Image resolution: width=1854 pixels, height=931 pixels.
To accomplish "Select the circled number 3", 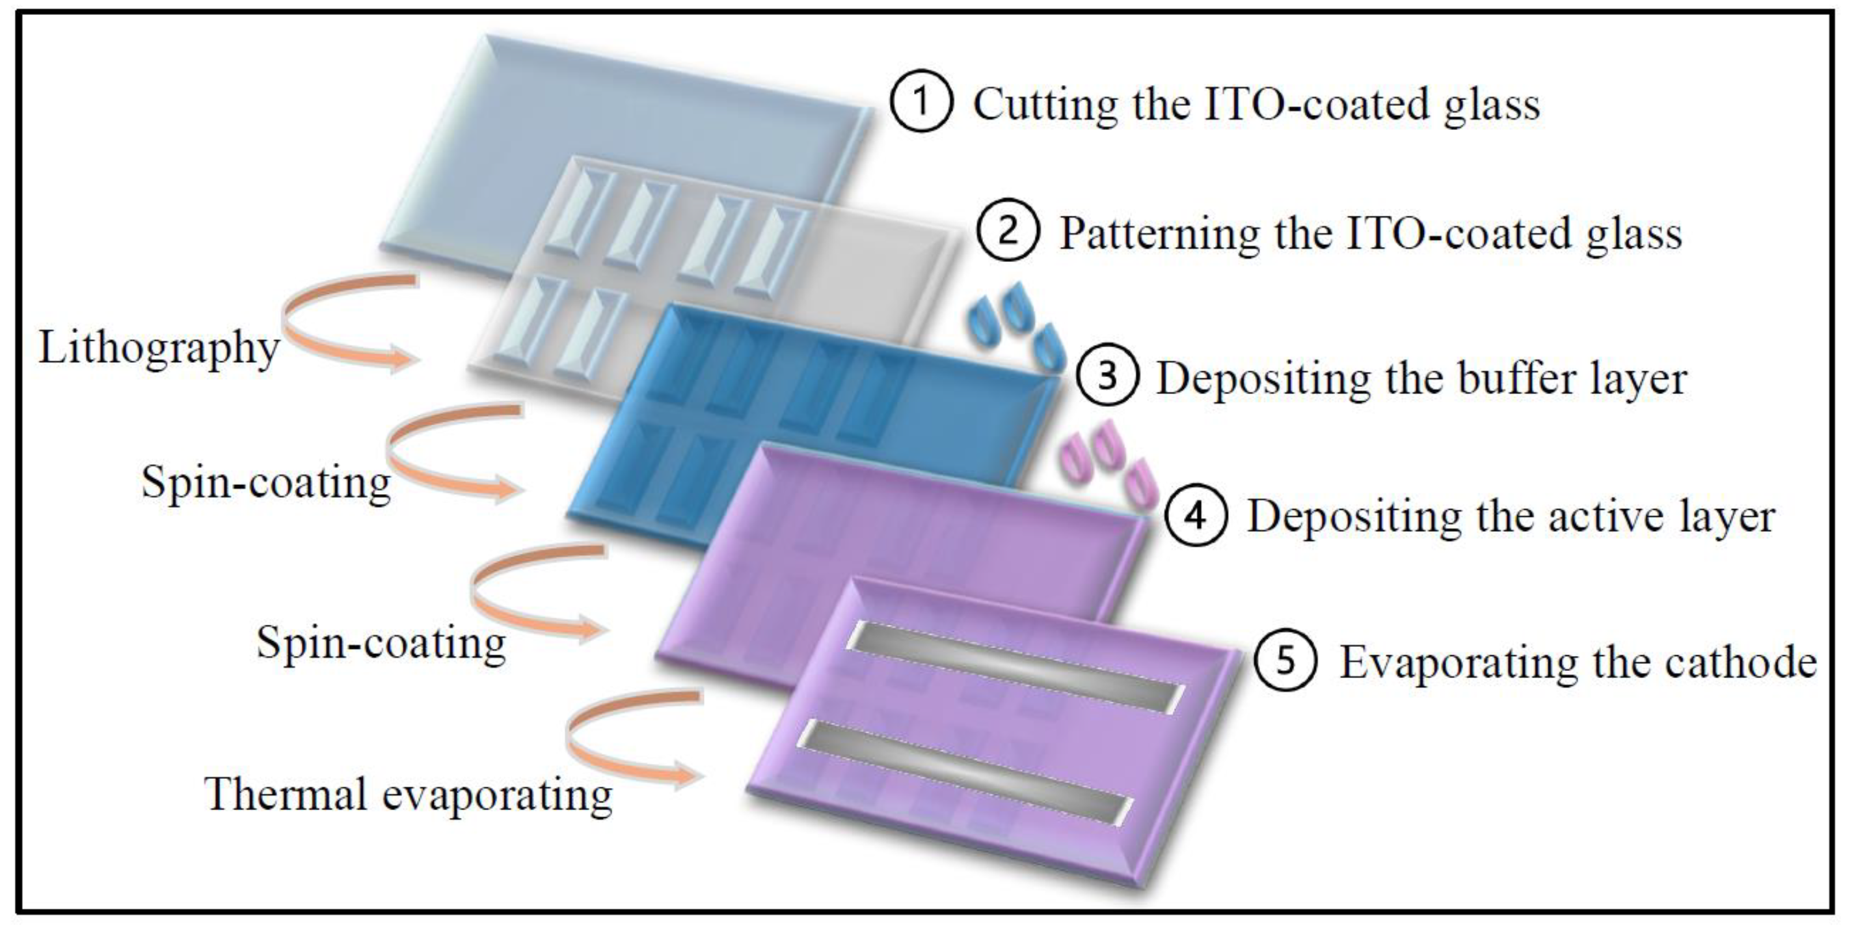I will [x=1108, y=376].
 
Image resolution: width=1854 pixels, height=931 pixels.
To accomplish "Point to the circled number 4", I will [x=1196, y=516].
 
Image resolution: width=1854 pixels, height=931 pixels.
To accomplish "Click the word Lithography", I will [x=158, y=349].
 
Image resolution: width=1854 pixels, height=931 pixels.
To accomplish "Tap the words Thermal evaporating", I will [x=409, y=795].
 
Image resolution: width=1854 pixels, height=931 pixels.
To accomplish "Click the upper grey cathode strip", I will [x=1015, y=666].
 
